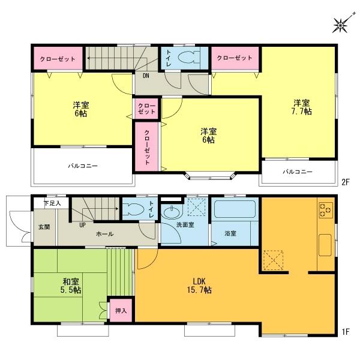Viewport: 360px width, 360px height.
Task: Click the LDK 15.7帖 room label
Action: click(201, 286)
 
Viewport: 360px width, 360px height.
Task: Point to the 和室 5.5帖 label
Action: click(71, 285)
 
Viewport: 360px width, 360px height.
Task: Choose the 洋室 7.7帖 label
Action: click(302, 107)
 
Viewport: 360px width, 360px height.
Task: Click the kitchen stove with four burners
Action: click(326, 210)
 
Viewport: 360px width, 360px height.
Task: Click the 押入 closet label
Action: click(121, 312)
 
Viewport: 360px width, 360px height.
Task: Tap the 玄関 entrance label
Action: click(45, 227)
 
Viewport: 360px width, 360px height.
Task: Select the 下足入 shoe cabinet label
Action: click(52, 204)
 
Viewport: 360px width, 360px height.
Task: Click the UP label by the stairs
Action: click(82, 224)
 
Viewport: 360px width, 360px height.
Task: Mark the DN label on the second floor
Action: click(146, 76)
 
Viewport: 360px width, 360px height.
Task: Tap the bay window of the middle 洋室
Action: click(209, 176)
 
